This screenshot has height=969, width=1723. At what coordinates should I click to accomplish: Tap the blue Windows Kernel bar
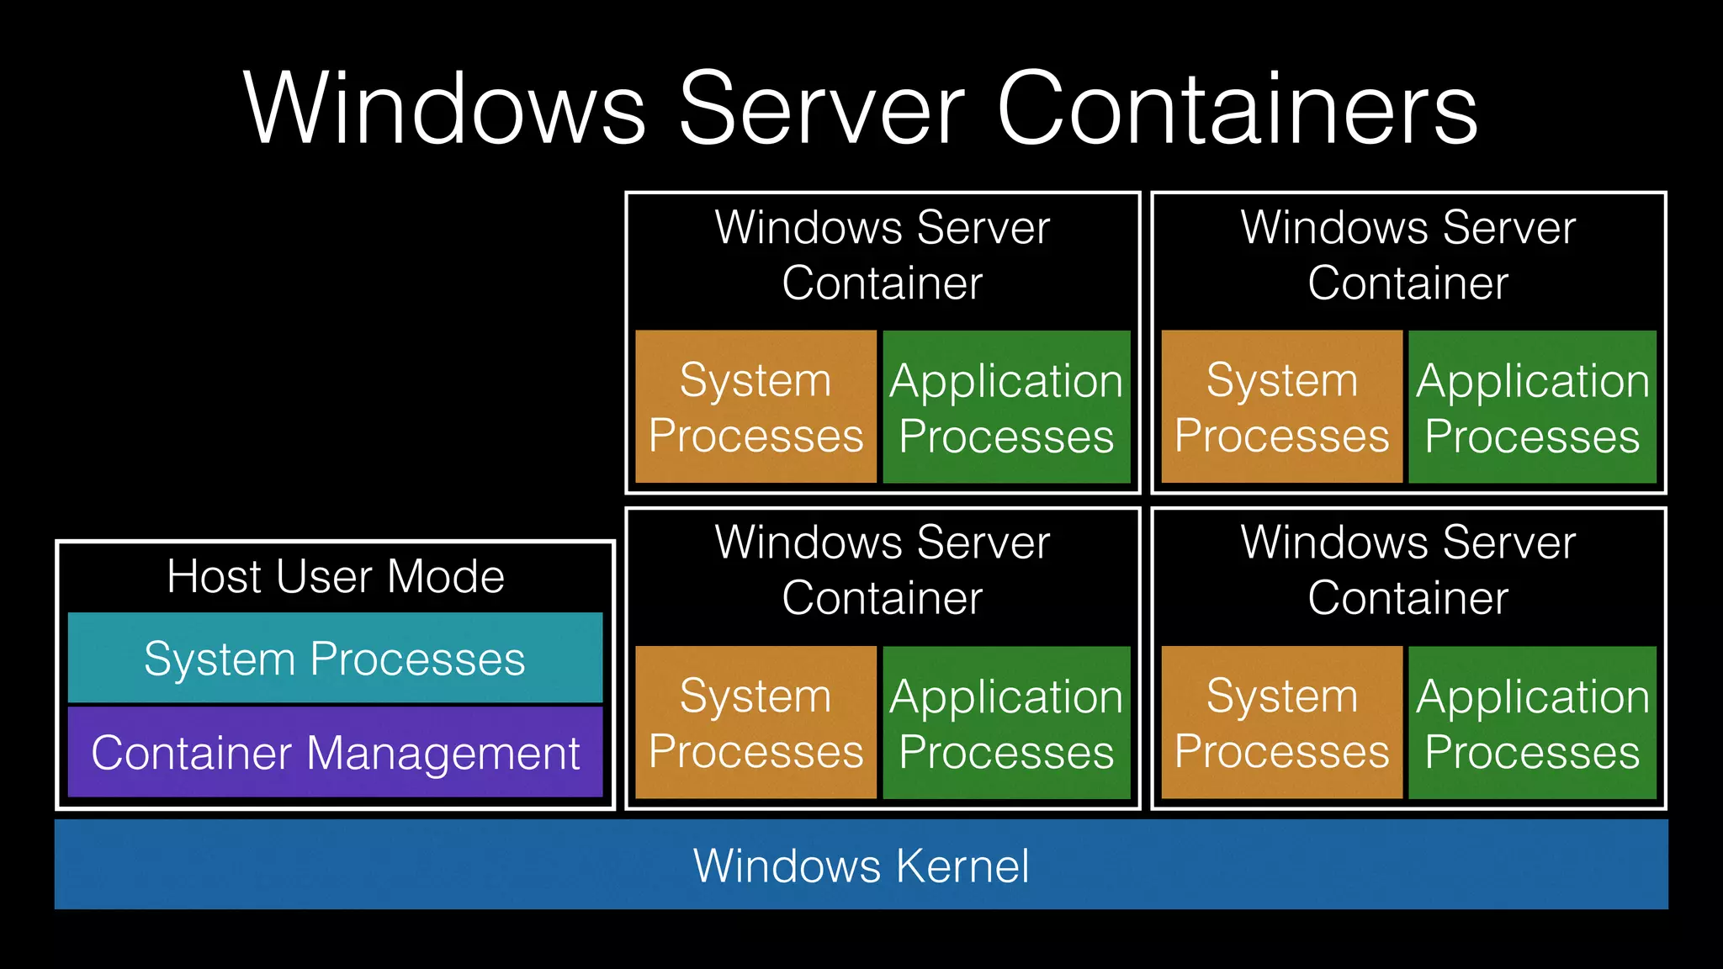click(861, 865)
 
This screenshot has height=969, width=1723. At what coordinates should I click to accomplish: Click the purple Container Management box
click(335, 752)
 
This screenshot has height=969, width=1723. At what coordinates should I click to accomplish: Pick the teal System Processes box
click(335, 658)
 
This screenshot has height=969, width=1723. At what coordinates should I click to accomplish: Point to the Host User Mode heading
click(335, 577)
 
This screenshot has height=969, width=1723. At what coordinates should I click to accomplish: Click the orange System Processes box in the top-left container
click(755, 407)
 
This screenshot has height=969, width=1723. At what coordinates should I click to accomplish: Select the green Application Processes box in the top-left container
click(1006, 407)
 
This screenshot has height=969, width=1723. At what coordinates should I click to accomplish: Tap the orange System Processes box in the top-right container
click(1281, 407)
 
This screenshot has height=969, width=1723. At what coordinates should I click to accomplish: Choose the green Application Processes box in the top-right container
click(1532, 407)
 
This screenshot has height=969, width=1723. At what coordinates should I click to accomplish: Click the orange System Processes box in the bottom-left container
click(755, 723)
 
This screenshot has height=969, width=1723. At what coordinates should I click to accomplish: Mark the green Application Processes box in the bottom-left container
click(1006, 723)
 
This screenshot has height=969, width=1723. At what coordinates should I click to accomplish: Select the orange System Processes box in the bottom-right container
click(1281, 723)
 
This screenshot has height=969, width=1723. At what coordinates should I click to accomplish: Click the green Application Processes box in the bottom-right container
click(1532, 723)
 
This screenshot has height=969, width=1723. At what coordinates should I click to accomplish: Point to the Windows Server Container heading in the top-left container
click(882, 255)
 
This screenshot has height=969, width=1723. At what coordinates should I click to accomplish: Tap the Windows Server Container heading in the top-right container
click(1408, 255)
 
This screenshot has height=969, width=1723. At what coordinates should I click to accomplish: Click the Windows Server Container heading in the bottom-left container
click(882, 570)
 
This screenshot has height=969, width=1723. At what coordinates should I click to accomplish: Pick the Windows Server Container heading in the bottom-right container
click(1408, 570)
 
